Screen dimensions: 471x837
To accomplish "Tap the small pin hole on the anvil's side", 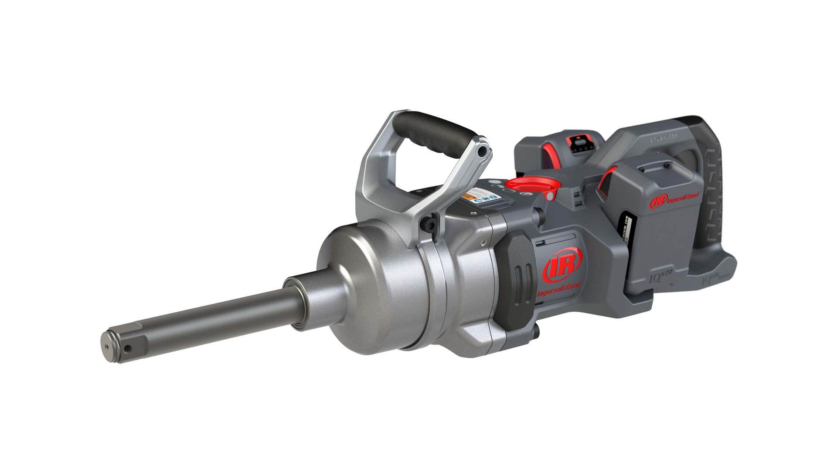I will click(127, 349).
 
